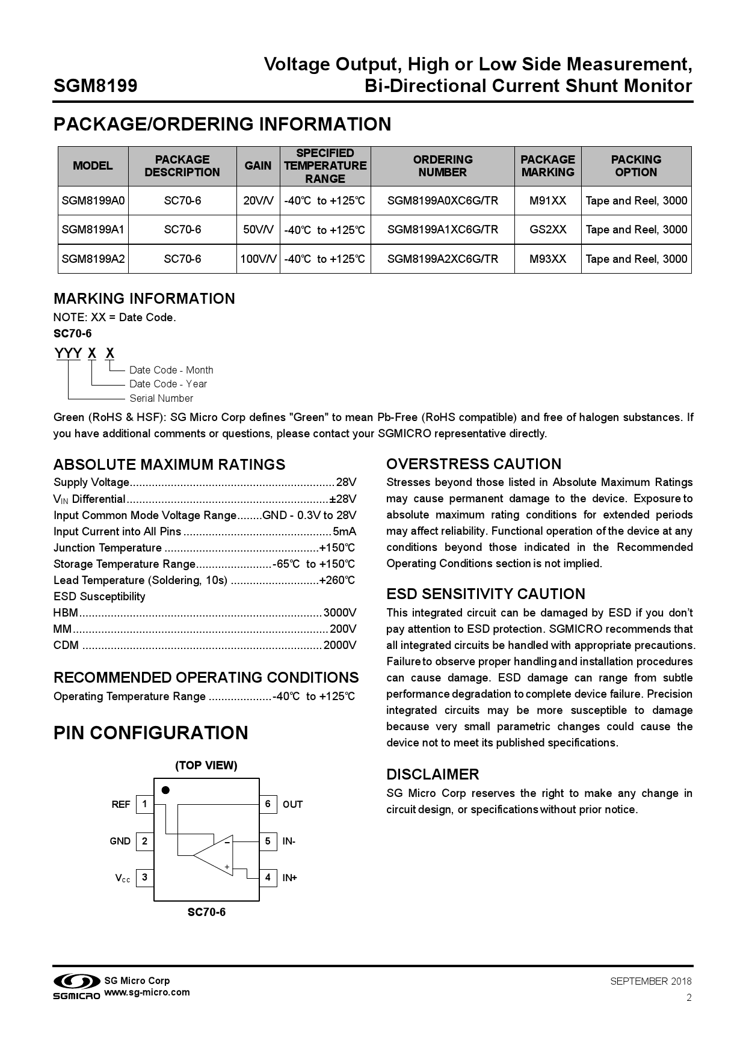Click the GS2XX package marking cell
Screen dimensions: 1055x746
click(x=547, y=230)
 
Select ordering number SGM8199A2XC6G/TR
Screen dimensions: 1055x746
click(x=442, y=259)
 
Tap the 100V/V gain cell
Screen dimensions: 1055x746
click(x=258, y=259)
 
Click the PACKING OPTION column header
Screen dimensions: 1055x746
click(x=636, y=166)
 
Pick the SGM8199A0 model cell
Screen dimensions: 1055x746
click(x=93, y=201)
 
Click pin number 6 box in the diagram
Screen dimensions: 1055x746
click(x=268, y=804)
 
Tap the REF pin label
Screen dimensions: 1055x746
click(x=120, y=805)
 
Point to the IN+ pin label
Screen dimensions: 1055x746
click(x=290, y=878)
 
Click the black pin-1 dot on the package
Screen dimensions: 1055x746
click(x=165, y=790)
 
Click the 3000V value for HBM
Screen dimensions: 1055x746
click(x=340, y=613)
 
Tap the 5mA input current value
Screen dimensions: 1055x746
click(x=344, y=532)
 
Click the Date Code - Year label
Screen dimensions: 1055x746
click(x=168, y=384)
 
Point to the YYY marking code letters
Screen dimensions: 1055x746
click(x=68, y=353)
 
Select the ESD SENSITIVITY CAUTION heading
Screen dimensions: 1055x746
click(x=485, y=594)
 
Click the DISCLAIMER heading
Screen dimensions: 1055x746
click(x=432, y=775)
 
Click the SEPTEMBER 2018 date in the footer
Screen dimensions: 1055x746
click(x=650, y=981)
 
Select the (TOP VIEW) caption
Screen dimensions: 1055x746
click(x=206, y=766)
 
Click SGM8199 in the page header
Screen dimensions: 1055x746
click(x=95, y=86)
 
